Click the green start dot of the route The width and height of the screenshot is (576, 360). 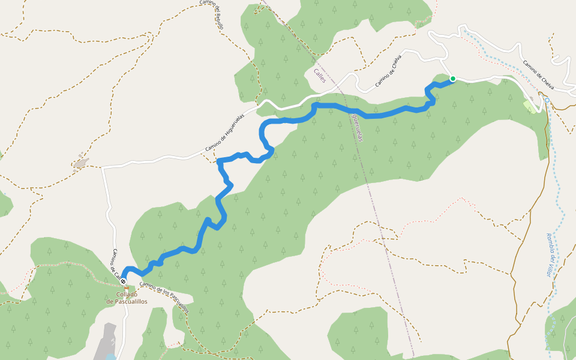453,79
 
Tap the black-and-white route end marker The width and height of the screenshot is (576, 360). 123,281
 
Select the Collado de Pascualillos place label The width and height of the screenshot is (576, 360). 127,298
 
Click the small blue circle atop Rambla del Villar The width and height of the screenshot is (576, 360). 547,100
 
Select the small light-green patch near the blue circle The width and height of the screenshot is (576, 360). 530,106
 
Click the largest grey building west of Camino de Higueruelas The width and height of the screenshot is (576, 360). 80,163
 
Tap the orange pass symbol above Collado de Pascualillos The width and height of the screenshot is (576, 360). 126,288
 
